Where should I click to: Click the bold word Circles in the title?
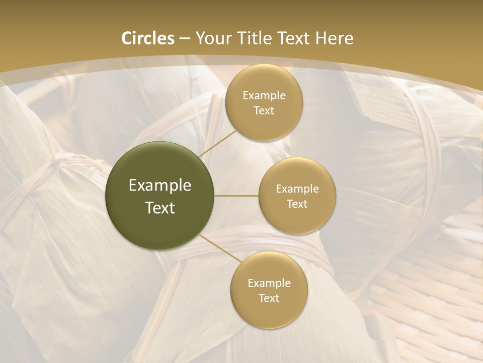tap(147, 38)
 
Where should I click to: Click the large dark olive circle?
tap(159, 196)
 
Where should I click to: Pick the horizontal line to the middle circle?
tap(236, 196)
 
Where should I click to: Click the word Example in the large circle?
tap(159, 185)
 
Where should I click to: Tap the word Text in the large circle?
tap(159, 208)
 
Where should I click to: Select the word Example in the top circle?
tap(264, 95)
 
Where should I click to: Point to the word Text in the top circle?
tap(264, 110)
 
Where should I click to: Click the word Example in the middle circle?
tap(297, 189)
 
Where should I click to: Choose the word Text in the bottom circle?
tap(269, 298)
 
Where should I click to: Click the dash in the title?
tap(185, 38)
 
